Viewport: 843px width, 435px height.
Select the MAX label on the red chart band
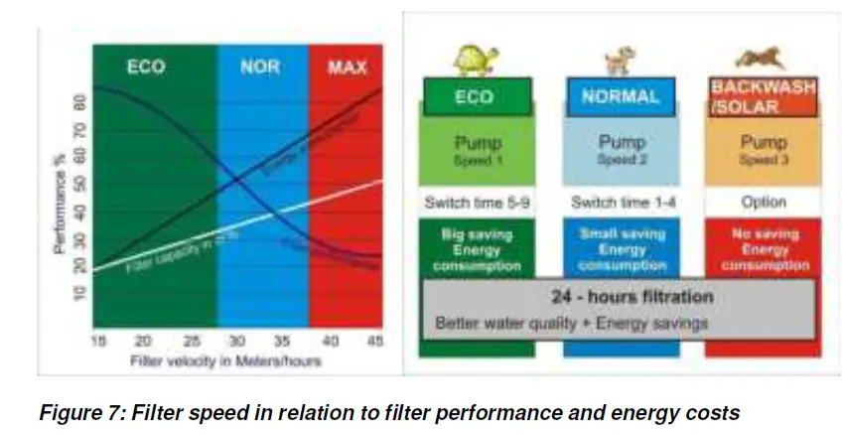coord(347,69)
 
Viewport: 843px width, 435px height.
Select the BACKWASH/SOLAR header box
coord(763,97)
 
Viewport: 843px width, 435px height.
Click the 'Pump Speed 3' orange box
coord(763,149)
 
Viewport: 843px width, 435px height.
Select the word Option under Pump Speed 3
coord(763,203)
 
